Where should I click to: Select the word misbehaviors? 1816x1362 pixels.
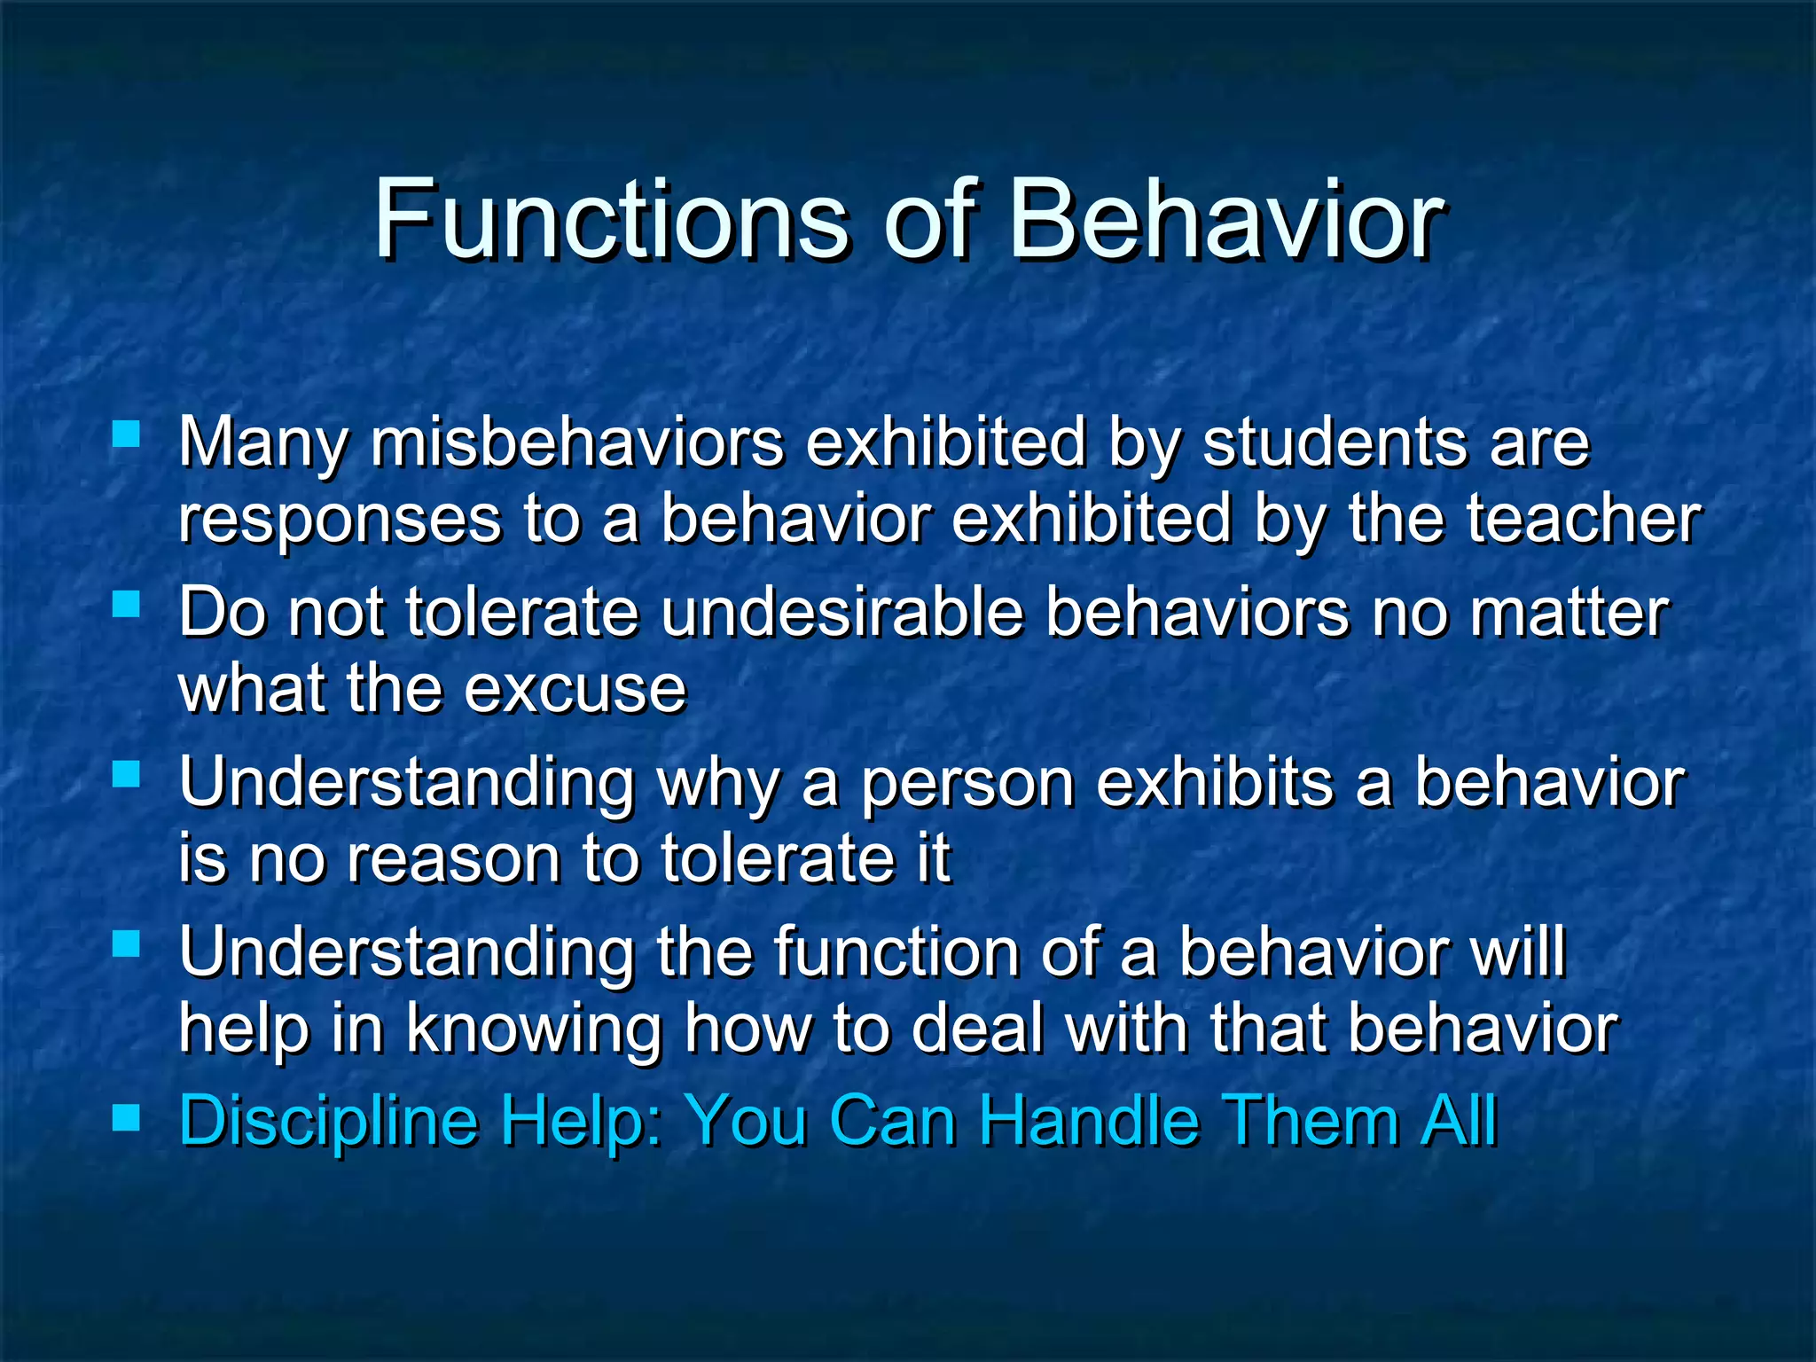[577, 442]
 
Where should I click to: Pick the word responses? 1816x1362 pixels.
[340, 521]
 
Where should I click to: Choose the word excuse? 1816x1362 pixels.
[575, 690]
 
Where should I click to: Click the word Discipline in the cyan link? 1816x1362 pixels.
[329, 1121]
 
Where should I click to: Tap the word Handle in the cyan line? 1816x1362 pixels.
[1089, 1121]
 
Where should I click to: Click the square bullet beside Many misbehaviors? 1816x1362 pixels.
[127, 434]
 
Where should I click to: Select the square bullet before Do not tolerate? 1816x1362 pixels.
[127, 605]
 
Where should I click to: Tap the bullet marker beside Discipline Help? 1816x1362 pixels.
[127, 1118]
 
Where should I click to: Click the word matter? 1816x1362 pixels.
[1569, 614]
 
